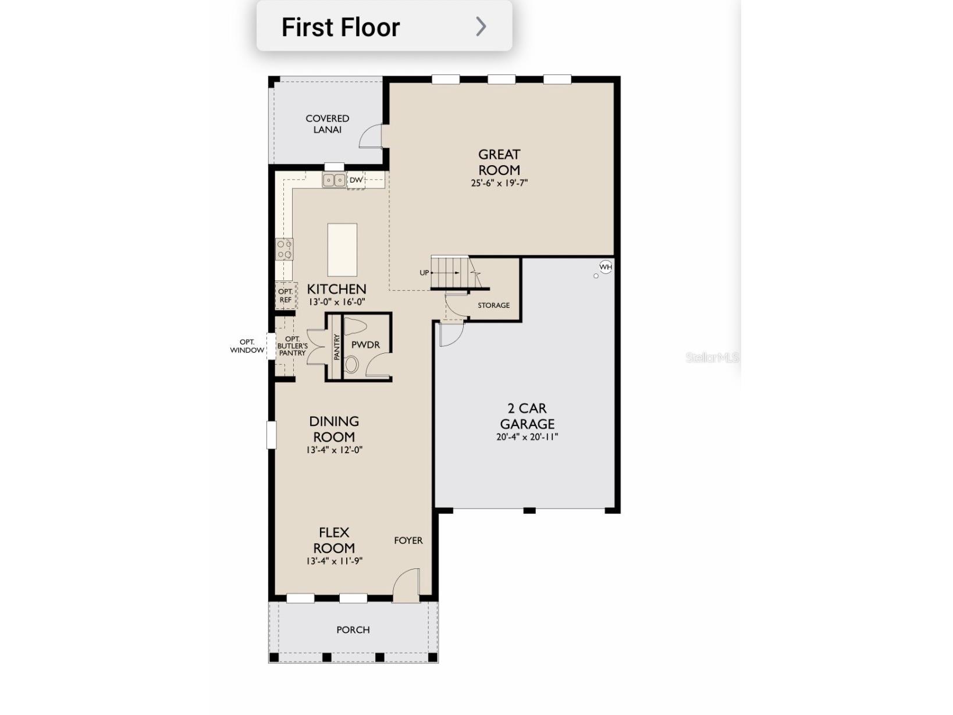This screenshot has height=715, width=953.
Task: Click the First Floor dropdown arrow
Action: (481, 26)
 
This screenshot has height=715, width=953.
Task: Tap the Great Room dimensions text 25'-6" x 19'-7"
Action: (499, 183)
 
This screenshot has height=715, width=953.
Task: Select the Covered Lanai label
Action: (328, 124)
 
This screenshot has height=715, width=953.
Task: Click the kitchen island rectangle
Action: (342, 250)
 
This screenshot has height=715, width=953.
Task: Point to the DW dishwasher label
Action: (356, 180)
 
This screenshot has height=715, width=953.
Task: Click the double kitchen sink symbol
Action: (334, 180)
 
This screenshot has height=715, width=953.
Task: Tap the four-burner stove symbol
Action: (285, 249)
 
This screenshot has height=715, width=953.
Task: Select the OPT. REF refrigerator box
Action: (286, 296)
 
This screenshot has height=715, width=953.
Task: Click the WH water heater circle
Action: (606, 267)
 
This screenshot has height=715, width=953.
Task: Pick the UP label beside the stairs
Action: (424, 273)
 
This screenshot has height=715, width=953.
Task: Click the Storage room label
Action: (493, 305)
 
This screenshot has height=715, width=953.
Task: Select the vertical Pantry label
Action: (337, 347)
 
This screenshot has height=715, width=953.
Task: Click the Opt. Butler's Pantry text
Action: (292, 346)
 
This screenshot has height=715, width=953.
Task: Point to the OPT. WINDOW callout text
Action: (247, 346)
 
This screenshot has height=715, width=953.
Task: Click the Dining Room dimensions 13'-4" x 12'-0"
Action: (335, 450)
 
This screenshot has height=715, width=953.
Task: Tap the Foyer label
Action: (408, 540)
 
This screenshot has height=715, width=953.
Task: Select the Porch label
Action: (353, 630)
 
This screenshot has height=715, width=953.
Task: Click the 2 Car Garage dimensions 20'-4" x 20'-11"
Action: (527, 437)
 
